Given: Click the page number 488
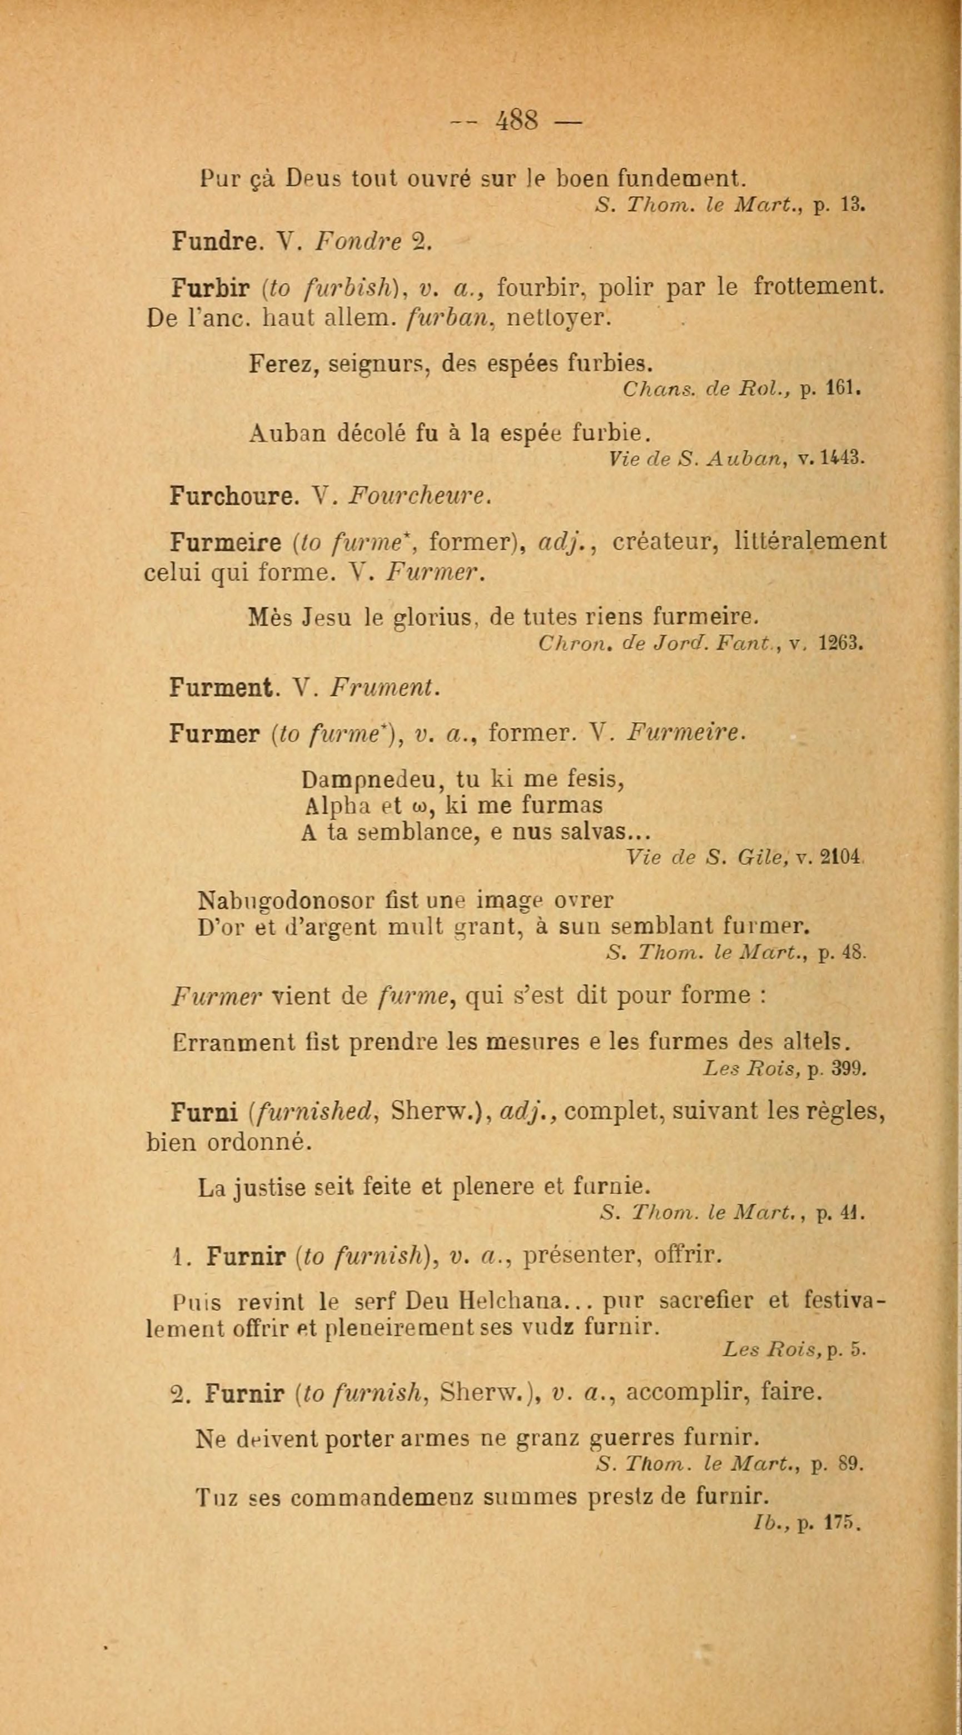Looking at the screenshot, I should click(517, 121).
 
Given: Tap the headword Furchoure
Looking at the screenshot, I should click(233, 496).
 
